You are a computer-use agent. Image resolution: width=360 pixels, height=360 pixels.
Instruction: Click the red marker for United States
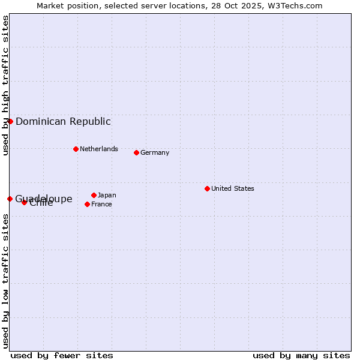point(207,188)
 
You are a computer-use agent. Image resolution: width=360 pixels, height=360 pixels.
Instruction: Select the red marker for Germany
point(136,152)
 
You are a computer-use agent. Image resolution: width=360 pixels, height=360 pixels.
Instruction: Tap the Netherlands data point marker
point(76,149)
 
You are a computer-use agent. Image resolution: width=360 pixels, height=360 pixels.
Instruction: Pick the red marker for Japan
point(94,195)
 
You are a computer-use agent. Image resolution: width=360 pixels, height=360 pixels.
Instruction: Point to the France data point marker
point(87,204)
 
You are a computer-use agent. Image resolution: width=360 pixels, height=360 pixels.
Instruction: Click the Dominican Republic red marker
point(10,121)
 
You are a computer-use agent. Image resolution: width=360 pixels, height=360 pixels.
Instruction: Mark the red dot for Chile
point(24,202)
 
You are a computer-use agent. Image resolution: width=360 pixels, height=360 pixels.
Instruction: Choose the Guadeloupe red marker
point(10,199)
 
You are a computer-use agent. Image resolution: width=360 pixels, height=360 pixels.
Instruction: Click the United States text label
point(233,188)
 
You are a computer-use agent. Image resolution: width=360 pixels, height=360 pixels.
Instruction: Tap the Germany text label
point(155,152)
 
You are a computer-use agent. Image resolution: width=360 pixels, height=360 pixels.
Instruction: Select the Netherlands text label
point(99,149)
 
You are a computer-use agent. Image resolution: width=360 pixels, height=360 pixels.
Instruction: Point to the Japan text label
point(107,195)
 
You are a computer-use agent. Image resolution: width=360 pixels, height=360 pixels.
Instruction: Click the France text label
point(101,204)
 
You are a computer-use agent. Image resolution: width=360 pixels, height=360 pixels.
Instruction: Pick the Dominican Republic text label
point(63,121)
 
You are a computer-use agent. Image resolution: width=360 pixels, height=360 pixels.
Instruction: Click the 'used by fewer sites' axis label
point(62,355)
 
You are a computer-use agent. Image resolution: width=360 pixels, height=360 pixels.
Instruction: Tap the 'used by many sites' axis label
point(301,355)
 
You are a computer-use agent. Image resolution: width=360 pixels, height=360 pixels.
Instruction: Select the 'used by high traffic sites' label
point(5,85)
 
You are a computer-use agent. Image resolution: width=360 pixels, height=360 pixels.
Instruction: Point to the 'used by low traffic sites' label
point(5,281)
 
